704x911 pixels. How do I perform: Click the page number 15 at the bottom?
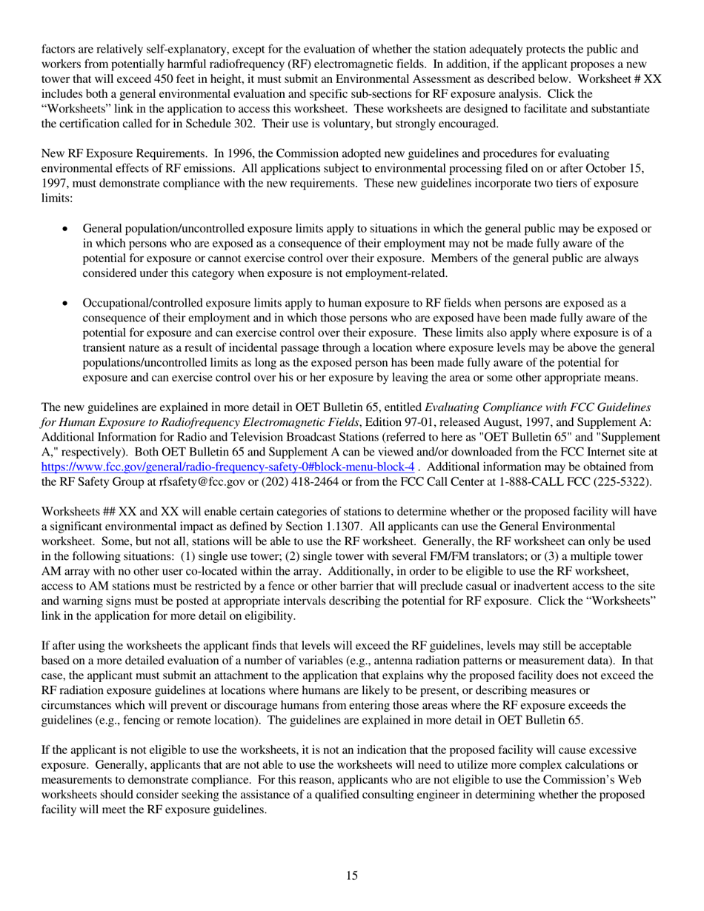pos(352,876)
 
